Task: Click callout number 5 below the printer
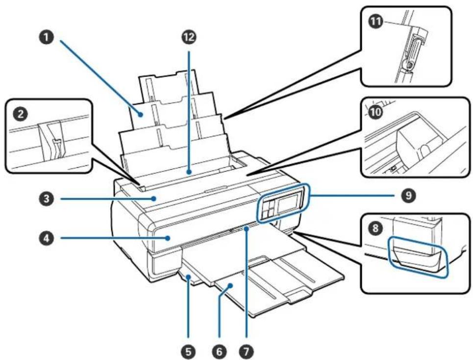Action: pos(189,351)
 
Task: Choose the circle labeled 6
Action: pos(219,351)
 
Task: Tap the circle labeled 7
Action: pos(247,351)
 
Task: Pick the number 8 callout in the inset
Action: pos(375,228)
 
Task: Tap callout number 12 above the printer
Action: pos(189,37)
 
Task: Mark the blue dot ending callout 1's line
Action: pos(141,114)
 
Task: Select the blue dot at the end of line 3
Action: pos(154,199)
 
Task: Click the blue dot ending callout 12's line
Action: pos(189,173)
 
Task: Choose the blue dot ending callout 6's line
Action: pos(231,285)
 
